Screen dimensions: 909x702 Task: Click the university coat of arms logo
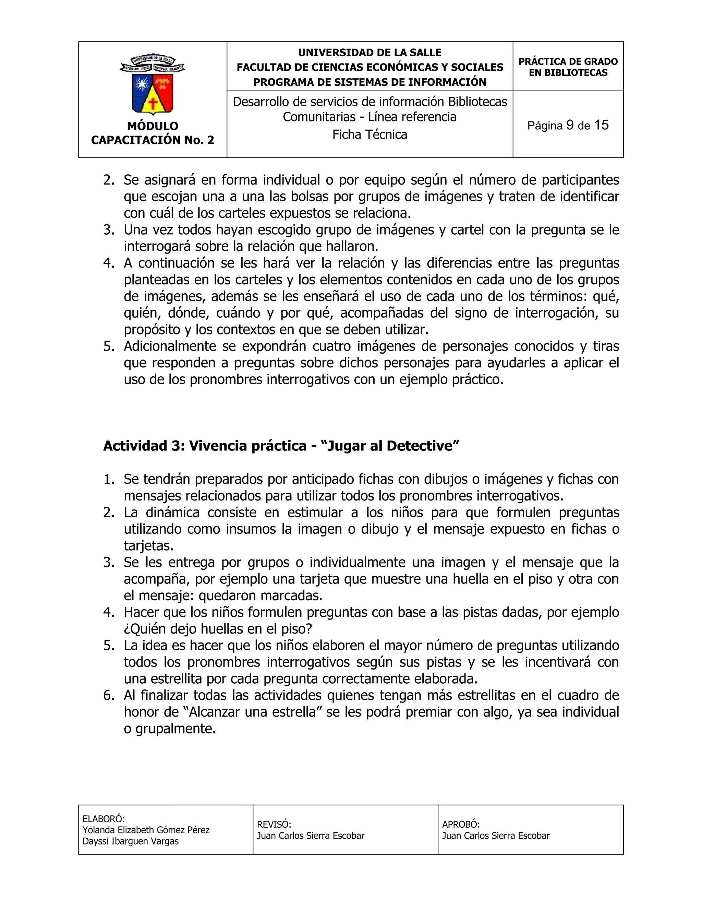coord(152,84)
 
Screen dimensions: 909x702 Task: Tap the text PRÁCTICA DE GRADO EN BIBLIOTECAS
coord(568,67)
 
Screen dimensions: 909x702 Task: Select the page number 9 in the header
coord(570,125)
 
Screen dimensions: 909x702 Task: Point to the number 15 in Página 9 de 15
coord(601,125)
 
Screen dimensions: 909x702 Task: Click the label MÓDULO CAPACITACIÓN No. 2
coord(152,133)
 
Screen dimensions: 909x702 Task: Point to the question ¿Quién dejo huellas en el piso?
coord(218,629)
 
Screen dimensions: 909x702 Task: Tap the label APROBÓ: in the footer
coord(460,825)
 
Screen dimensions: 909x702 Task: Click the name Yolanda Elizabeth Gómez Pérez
coord(146,830)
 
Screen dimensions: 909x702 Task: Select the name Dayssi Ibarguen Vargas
coord(131,841)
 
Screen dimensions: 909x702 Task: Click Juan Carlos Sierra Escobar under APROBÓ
coord(495,836)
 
